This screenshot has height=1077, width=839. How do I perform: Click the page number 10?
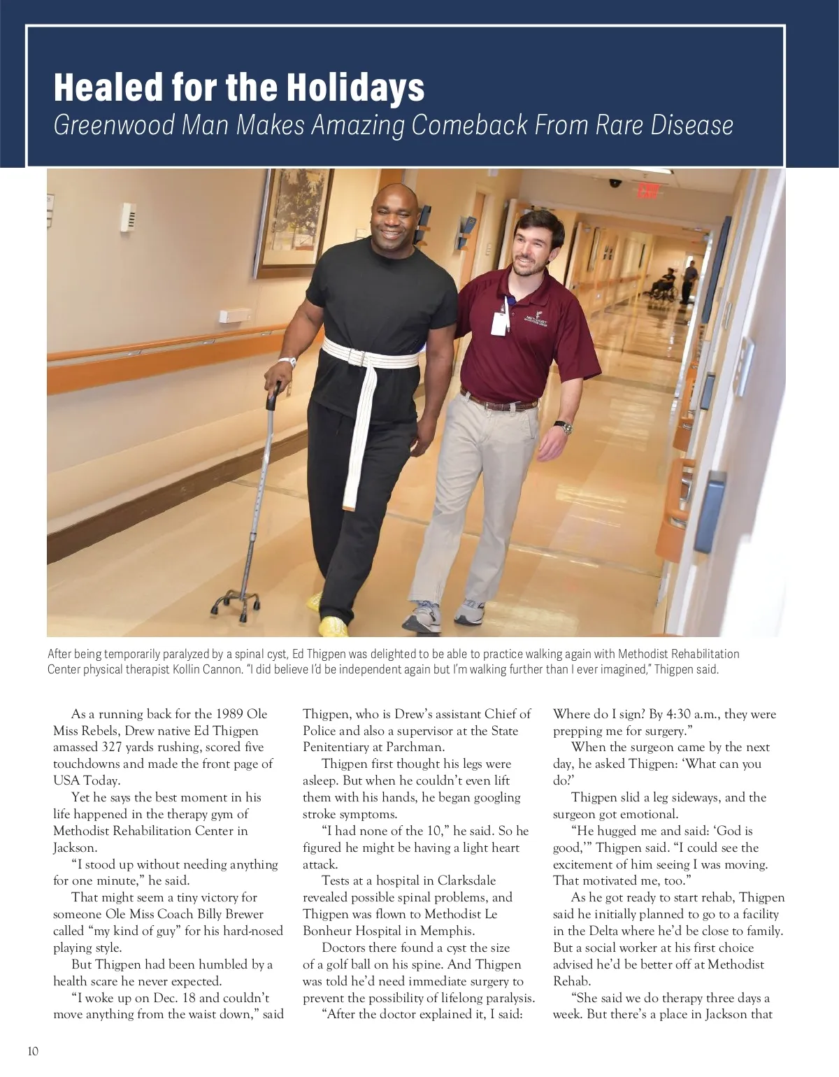coord(33,1051)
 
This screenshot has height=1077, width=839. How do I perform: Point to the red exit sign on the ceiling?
coord(648,190)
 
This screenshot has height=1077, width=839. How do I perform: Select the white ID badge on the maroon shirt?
coord(499,322)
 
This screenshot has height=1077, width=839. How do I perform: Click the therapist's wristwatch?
coord(563,427)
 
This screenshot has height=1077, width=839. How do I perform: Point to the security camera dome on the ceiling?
coord(615,183)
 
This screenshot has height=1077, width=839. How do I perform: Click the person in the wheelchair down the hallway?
coord(666,284)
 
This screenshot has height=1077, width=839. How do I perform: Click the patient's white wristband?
coord(287,362)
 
